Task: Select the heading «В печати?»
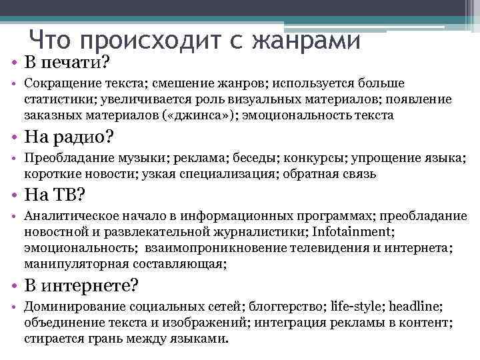(67, 63)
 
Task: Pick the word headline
(415, 307)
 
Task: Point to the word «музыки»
(143, 159)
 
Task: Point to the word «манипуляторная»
(75, 264)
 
